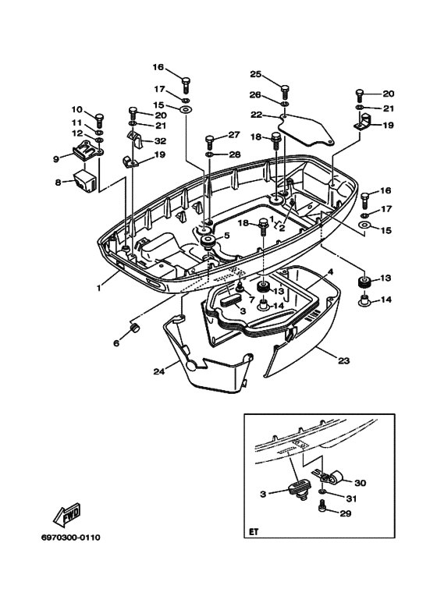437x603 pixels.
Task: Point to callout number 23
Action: [343, 360]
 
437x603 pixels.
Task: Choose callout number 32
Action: [160, 141]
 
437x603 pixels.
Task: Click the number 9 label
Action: [56, 158]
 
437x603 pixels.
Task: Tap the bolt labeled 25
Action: [285, 89]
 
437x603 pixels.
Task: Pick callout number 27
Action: [234, 135]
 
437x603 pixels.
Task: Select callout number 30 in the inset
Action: [360, 482]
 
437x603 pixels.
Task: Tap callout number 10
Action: [77, 109]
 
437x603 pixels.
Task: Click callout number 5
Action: [226, 235]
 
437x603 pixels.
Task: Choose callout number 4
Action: [330, 271]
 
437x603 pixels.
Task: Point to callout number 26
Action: [255, 96]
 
